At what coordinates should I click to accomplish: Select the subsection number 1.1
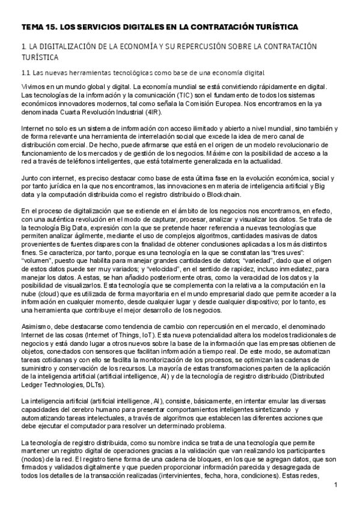coord(25,73)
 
